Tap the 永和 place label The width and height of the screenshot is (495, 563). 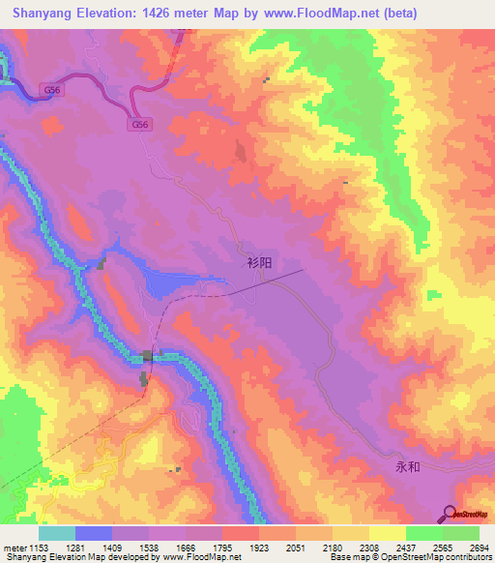tap(408, 465)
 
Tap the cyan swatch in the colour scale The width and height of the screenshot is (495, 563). tap(57, 534)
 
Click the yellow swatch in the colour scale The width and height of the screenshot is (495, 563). tap(388, 534)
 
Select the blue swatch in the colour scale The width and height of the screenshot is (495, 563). tap(94, 534)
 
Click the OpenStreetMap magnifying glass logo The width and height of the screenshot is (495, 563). tap(451, 513)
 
